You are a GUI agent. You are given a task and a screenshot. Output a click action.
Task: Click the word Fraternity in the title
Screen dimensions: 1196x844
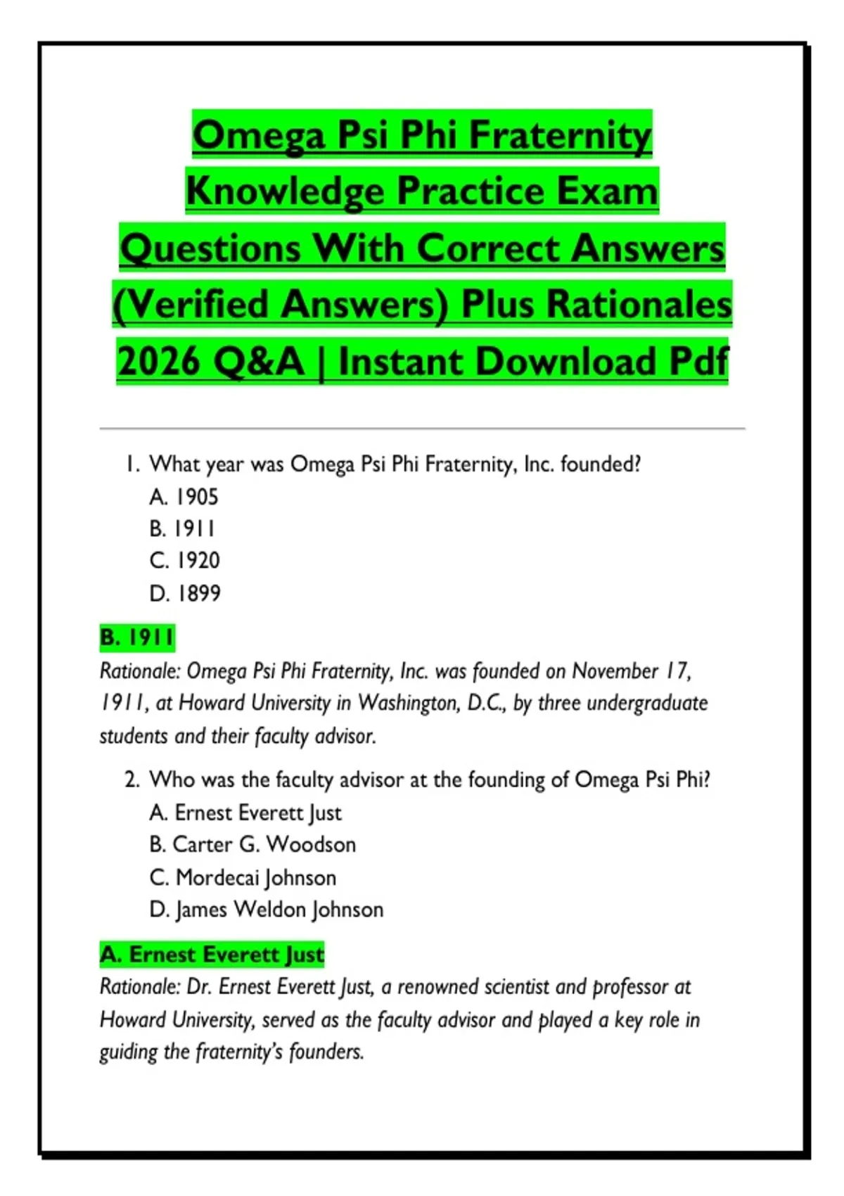pyautogui.click(x=561, y=134)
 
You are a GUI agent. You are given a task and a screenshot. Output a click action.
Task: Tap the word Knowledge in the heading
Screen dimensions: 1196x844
pyautogui.click(x=286, y=191)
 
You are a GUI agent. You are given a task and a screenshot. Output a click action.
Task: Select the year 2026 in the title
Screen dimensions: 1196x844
pyautogui.click(x=158, y=362)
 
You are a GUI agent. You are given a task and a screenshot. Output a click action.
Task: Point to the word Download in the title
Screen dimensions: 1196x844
pyautogui.click(x=568, y=362)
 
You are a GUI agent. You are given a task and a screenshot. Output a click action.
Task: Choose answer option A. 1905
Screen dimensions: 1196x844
pyautogui.click(x=184, y=497)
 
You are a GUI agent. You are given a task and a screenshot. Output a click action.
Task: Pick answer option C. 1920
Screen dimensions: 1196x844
pyautogui.click(x=184, y=561)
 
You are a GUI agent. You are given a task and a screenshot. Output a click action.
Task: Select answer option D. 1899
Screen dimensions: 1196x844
pyautogui.click(x=184, y=593)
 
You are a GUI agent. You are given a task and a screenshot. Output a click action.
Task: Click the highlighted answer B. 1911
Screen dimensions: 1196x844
pyautogui.click(x=136, y=637)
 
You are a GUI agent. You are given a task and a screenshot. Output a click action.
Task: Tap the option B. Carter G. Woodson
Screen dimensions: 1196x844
pyautogui.click(x=252, y=844)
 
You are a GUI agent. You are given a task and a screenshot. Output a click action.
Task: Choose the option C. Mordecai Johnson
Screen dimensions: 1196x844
pyautogui.click(x=243, y=877)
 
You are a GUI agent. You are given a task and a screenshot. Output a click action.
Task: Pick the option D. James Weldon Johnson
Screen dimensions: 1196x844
pyautogui.click(x=266, y=910)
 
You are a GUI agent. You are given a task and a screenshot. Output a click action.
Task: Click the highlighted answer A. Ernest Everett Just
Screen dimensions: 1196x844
pyautogui.click(x=212, y=955)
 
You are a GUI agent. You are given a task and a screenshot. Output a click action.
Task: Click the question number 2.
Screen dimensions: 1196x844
pyautogui.click(x=132, y=780)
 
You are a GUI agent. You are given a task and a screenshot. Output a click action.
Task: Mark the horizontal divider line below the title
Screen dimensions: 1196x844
pyautogui.click(x=422, y=428)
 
